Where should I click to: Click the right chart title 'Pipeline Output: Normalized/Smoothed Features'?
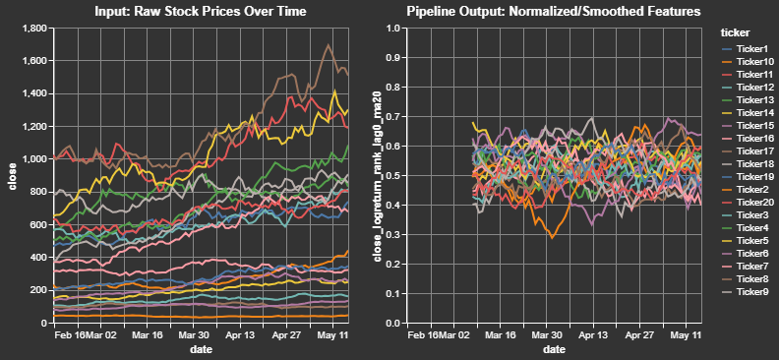click(554, 12)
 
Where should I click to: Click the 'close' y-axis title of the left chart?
click(12, 176)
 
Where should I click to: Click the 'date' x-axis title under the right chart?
click(554, 350)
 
